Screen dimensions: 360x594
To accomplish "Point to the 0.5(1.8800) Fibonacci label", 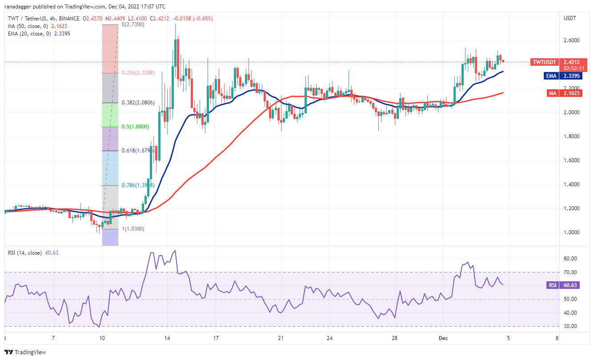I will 135,127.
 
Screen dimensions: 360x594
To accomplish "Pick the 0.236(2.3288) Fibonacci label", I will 138,73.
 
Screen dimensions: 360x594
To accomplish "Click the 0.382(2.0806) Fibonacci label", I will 138,103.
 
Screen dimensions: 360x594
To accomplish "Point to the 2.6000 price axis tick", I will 570,40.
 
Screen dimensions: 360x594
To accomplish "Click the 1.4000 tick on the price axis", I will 570,184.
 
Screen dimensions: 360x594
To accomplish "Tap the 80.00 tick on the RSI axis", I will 570,259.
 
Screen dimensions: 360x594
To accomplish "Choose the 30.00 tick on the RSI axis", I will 570,326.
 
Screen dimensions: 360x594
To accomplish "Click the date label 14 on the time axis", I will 166,338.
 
